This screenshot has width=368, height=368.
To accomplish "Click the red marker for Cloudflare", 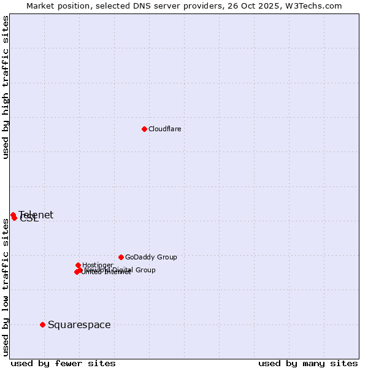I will pyautogui.click(x=144, y=129).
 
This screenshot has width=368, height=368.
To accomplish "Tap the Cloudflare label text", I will pyautogui.click(x=164, y=129).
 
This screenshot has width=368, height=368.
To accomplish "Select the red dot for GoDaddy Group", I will pyautogui.click(x=121, y=257).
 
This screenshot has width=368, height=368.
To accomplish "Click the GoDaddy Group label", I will pyautogui.click(x=151, y=257).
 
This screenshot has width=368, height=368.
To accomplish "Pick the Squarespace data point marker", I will pyautogui.click(x=42, y=324).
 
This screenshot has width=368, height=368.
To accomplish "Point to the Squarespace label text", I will pyautogui.click(x=79, y=324).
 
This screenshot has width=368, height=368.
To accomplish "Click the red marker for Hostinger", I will pyautogui.click(x=78, y=265).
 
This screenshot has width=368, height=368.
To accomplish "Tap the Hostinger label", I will pyautogui.click(x=98, y=265).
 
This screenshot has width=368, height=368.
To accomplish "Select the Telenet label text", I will pyautogui.click(x=36, y=215).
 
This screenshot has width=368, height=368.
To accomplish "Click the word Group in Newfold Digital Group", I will pyautogui.click(x=145, y=270).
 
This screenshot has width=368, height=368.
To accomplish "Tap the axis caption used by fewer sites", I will pyautogui.click(x=63, y=363).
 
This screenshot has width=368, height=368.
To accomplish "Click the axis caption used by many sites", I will pyautogui.click(x=308, y=363).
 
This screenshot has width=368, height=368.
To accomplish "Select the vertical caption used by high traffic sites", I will pyautogui.click(x=6, y=88).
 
